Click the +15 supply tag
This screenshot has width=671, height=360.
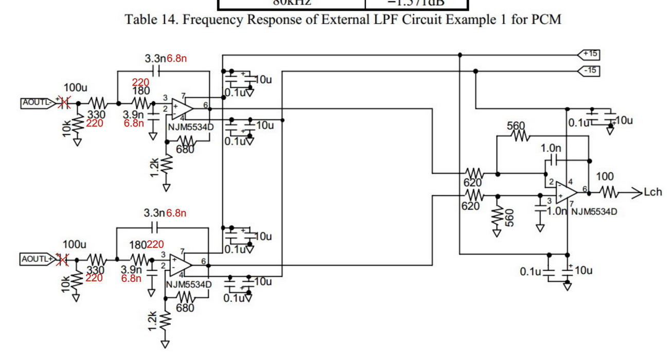[590, 53]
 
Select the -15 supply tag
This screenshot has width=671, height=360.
[590, 70]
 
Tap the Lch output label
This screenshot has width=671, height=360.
[653, 193]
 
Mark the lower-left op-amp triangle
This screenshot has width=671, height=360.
[181, 264]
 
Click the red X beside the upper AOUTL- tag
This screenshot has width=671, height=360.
[64, 103]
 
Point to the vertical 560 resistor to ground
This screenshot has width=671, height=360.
[497, 218]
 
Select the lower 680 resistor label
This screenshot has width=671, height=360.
[185, 308]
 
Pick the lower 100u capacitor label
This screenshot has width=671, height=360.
[74, 244]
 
